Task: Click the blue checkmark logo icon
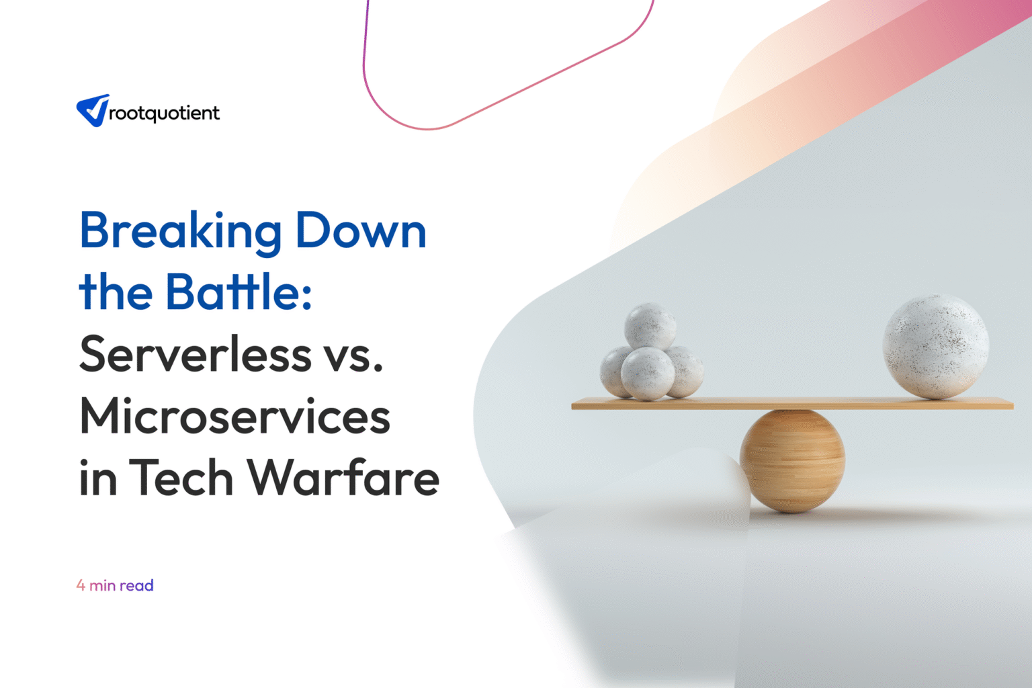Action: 93,110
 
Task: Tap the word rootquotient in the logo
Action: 164,114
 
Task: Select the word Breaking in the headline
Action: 180,232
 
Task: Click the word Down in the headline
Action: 361,232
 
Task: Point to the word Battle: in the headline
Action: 239,293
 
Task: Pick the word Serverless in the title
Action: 196,355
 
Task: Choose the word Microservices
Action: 234,417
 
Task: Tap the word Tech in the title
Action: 181,478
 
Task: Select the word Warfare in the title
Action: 343,478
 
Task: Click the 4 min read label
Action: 115,585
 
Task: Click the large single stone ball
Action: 935,346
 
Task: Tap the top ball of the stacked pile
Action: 650,326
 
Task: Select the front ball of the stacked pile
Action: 648,374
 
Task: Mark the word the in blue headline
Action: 116,293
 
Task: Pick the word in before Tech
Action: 98,478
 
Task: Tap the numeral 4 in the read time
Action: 81,585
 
